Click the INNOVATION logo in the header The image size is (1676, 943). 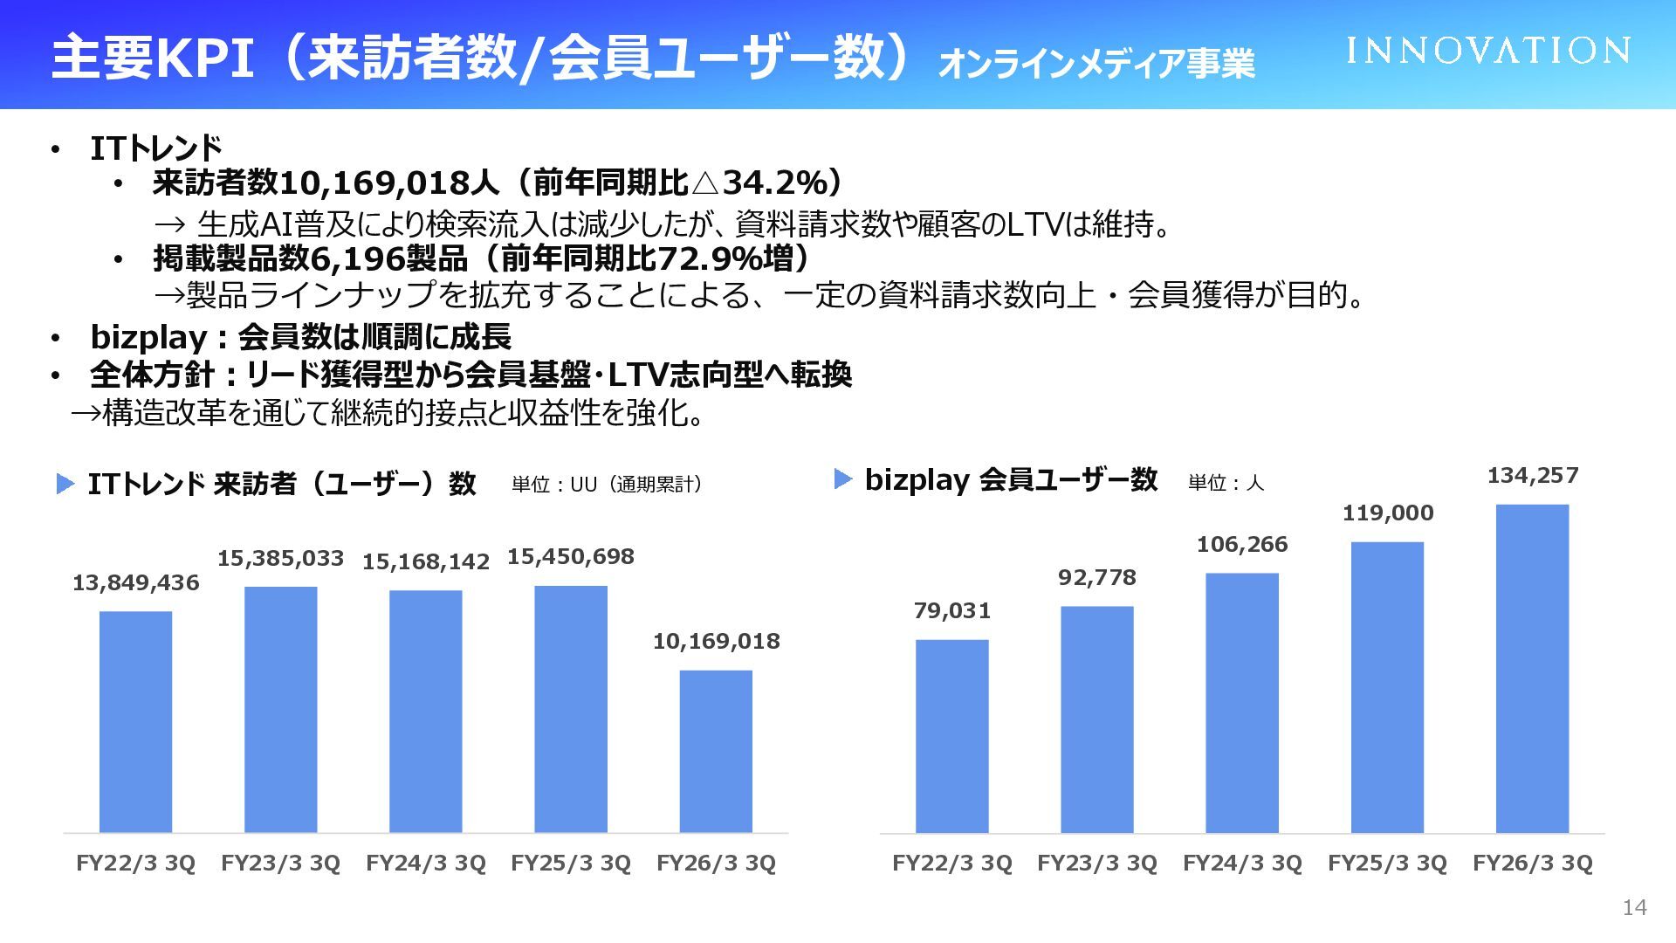point(1487,51)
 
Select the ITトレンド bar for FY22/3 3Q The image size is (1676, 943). point(135,721)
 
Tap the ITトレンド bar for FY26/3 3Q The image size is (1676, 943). point(716,751)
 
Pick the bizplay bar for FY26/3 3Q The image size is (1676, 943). point(1532,668)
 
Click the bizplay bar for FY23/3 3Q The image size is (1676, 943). point(1097,719)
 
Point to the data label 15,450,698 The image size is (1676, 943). point(571,557)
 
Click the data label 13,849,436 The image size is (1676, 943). point(135,583)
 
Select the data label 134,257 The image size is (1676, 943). point(1533,476)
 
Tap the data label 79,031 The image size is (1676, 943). point(952,611)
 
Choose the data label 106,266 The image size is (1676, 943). point(1242,545)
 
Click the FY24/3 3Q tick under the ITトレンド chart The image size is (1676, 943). point(426,864)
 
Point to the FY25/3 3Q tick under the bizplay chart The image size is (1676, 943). point(1387,864)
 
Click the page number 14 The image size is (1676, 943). point(1634,908)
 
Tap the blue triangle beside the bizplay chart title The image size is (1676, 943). point(842,479)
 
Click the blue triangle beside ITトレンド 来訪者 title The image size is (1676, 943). point(65,484)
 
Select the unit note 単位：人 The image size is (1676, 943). point(1226,483)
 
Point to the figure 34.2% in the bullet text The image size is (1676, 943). point(771,183)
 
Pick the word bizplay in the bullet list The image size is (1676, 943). point(148,337)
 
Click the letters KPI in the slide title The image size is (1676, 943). point(204,58)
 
